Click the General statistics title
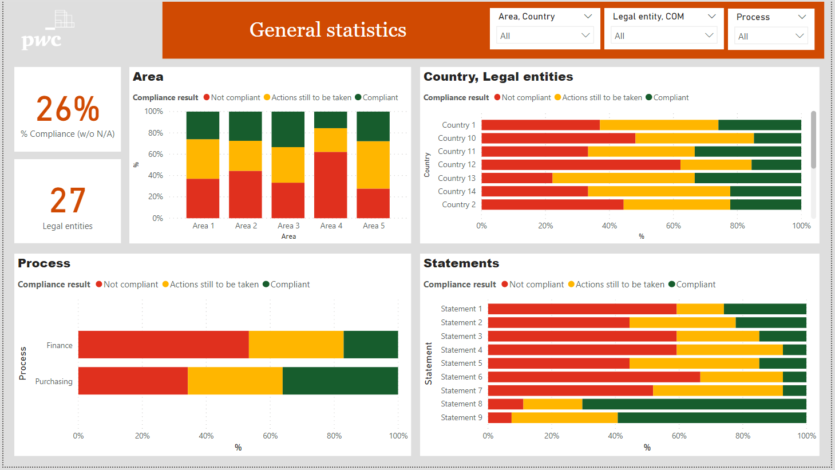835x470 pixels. pos(327,30)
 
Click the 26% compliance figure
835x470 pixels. pos(68,109)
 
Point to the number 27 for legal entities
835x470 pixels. pos(68,200)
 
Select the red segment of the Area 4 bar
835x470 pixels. pos(330,184)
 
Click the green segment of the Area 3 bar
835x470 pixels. pos(288,129)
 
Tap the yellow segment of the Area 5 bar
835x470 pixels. pos(373,165)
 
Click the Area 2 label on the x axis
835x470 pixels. pos(246,226)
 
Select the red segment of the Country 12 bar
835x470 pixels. pos(580,165)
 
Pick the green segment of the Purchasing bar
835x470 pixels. pos(340,381)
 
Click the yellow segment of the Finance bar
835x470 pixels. pos(296,345)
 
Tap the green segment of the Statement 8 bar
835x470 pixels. pos(694,404)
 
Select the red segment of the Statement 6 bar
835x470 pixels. pos(593,377)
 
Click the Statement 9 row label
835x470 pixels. pos(461,417)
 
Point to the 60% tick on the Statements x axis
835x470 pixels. pos(679,436)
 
